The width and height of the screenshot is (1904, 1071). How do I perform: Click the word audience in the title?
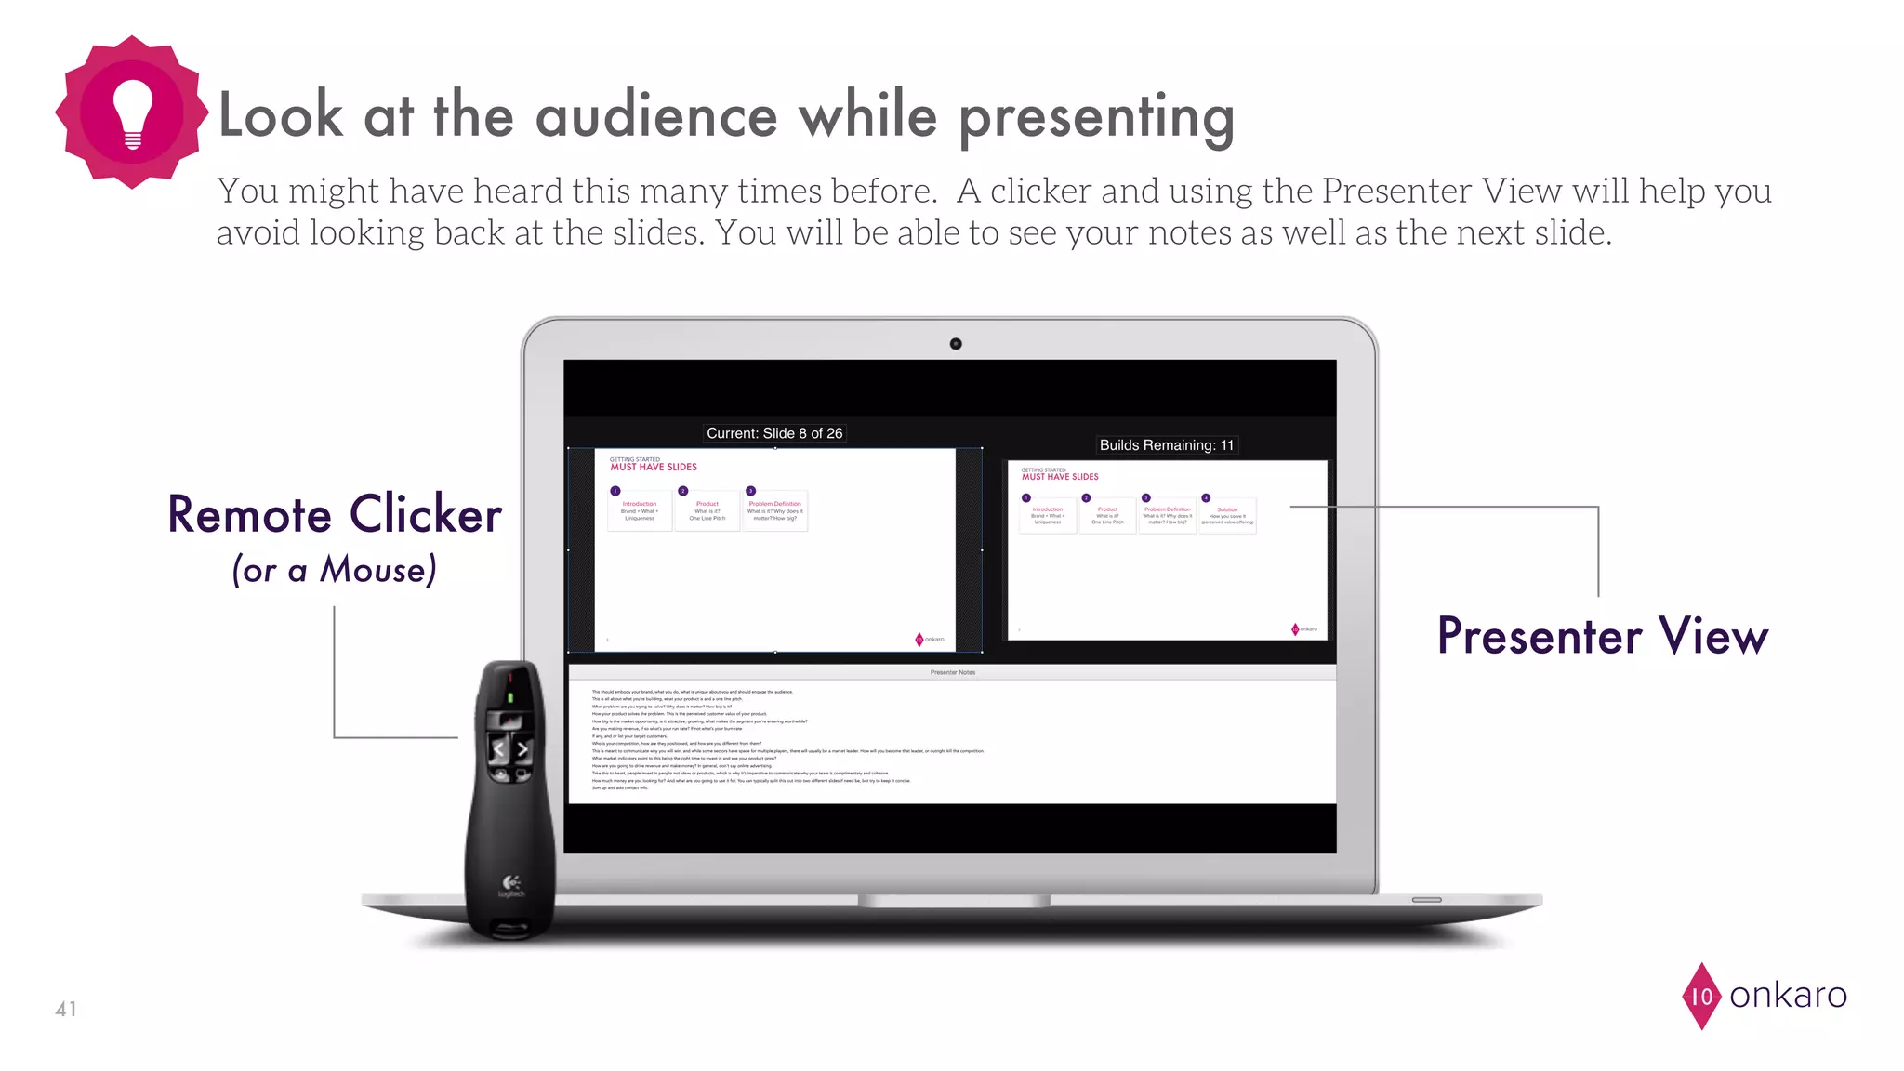pyautogui.click(x=657, y=116)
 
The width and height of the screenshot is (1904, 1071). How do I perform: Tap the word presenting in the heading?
pyautogui.click(x=1096, y=118)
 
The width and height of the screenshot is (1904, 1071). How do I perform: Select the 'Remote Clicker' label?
pyautogui.click(x=335, y=514)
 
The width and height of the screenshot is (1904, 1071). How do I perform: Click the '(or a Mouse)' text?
pyautogui.click(x=335, y=569)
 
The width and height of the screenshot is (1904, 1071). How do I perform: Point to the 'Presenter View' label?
pyautogui.click(x=1603, y=637)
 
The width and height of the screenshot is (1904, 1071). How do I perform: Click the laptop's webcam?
pyautogui.click(x=955, y=344)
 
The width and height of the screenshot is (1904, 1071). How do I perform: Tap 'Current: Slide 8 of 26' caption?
pyautogui.click(x=774, y=433)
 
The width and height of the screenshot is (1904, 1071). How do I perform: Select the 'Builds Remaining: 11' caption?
pyautogui.click(x=1166, y=445)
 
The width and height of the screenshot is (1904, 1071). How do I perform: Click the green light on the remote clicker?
pyautogui.click(x=509, y=697)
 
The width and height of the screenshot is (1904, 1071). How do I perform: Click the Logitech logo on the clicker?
pyautogui.click(x=511, y=883)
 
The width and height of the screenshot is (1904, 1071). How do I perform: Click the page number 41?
pyautogui.click(x=66, y=1009)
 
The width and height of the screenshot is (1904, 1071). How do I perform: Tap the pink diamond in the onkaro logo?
pyautogui.click(x=1701, y=996)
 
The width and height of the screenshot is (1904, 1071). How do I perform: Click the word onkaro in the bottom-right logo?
pyautogui.click(x=1788, y=996)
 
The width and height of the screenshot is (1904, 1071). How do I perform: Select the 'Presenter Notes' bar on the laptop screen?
pyautogui.click(x=952, y=672)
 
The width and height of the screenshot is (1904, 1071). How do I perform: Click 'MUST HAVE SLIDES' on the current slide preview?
pyautogui.click(x=654, y=468)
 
